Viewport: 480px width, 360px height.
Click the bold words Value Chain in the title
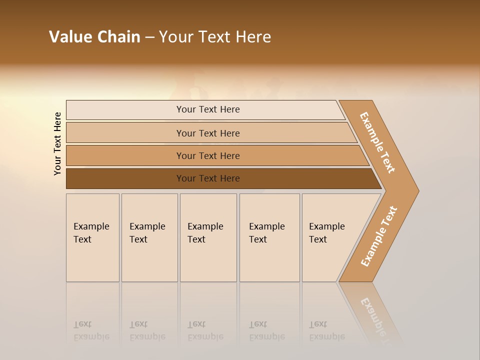[94, 37]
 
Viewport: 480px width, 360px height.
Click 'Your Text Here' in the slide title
[215, 37]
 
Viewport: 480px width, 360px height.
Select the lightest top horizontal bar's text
[208, 109]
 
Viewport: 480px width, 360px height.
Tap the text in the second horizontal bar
[208, 133]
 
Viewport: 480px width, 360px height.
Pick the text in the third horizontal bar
[208, 155]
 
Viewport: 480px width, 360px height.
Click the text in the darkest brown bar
[208, 178]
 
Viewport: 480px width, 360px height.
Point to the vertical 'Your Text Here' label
[57, 144]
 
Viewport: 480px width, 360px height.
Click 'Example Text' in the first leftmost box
[91, 233]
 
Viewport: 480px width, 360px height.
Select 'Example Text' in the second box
[147, 233]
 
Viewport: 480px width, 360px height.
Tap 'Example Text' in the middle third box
[205, 233]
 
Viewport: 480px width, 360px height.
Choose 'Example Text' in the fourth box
[266, 233]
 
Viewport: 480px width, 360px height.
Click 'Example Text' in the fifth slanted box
[326, 233]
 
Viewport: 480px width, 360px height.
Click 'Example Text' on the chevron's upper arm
[377, 142]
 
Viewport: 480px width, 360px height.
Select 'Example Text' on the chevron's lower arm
[379, 236]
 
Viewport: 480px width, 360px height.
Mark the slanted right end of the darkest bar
[376, 179]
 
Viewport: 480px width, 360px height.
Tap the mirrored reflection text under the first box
[91, 331]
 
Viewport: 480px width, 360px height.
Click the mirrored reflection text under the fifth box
[326, 331]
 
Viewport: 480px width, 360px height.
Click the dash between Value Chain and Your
[149, 37]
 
